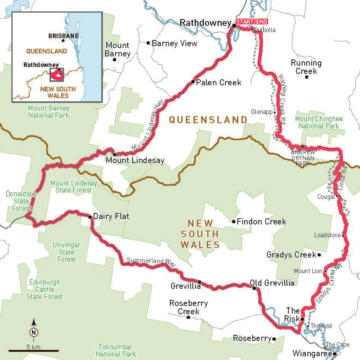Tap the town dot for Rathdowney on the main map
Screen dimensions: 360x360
pos(234,26)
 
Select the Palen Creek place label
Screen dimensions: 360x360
pos(218,82)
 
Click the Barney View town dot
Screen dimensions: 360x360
pos(149,43)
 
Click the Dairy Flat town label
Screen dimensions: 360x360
pos(111,217)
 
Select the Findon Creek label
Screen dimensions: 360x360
pos(261,221)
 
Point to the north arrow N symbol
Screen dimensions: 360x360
pos(34,331)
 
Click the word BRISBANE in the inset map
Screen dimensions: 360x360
pos(64,36)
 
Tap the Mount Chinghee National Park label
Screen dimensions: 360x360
pos(318,122)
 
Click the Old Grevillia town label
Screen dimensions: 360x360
pos(272,283)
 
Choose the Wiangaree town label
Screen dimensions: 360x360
pos(312,353)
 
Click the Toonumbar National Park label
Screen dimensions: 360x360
pos(116,350)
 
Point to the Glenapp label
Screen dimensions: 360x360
pos(261,112)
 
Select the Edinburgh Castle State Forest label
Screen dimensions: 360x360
pos(45,289)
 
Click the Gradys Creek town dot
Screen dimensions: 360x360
pos(319,255)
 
